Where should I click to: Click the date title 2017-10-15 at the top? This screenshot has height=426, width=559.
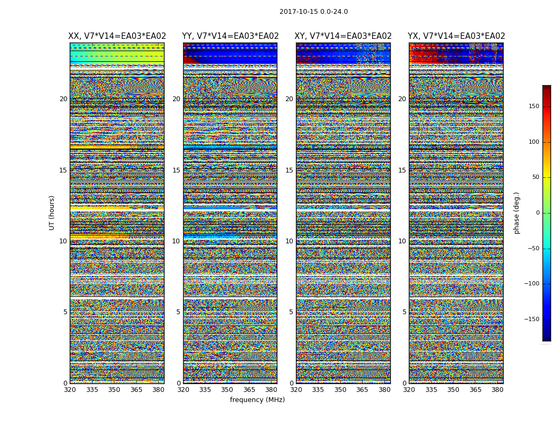pyautogui.click(x=314, y=12)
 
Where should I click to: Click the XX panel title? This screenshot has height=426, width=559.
pyautogui.click(x=117, y=36)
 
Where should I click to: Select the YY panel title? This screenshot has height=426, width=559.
pyautogui.click(x=230, y=36)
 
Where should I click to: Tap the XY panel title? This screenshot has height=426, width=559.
pyautogui.click(x=343, y=36)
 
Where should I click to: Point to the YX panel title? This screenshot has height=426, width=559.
pyautogui.click(x=456, y=36)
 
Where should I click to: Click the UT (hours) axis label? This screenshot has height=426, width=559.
pyautogui.click(x=52, y=212)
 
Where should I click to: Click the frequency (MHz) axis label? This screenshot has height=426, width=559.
pyautogui.click(x=257, y=400)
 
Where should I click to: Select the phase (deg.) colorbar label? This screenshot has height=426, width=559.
pyautogui.click(x=517, y=212)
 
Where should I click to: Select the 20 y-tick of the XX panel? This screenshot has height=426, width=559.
pyautogui.click(x=63, y=99)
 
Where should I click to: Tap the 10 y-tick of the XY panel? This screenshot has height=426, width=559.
pyautogui.click(x=289, y=241)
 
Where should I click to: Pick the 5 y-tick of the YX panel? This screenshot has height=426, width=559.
pyautogui.click(x=404, y=312)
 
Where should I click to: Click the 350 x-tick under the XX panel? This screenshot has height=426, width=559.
pyautogui.click(x=114, y=390)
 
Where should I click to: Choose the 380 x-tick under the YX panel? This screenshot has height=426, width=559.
pyautogui.click(x=497, y=390)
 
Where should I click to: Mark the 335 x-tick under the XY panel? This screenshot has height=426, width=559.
pyautogui.click(x=318, y=390)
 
